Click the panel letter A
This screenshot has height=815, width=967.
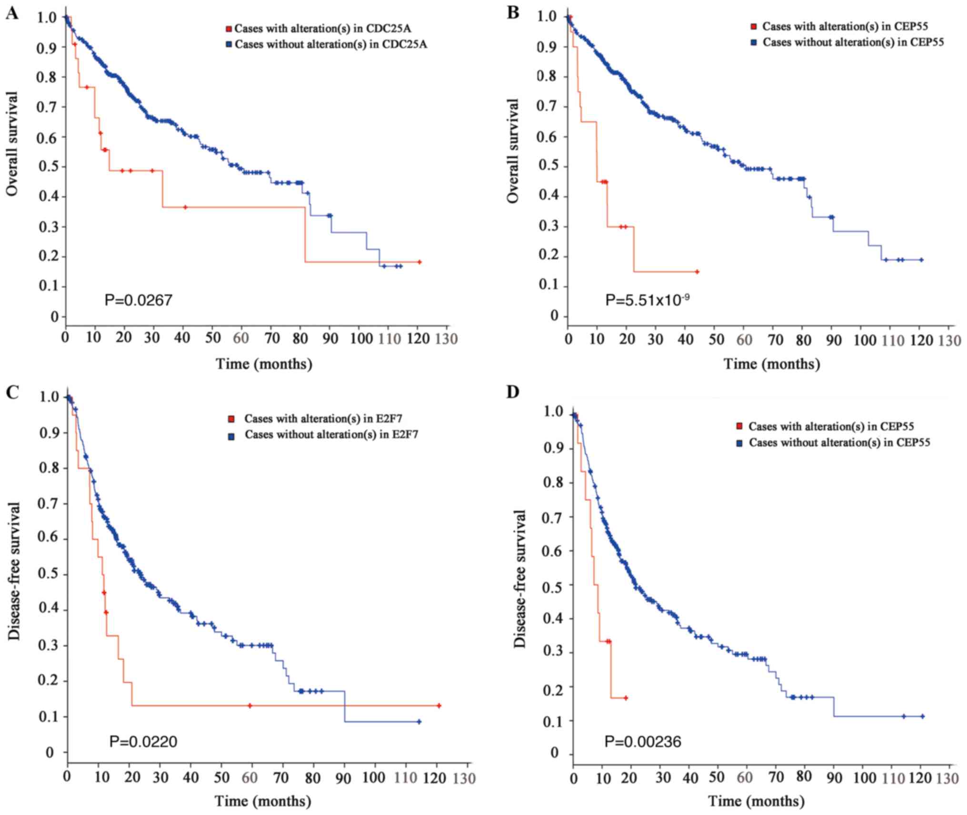(x=12, y=13)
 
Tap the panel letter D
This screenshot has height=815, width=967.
(x=513, y=392)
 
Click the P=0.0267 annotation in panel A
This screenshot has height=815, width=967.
(x=138, y=300)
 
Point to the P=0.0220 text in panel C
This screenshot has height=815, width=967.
(x=143, y=741)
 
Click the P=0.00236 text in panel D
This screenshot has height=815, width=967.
(x=643, y=741)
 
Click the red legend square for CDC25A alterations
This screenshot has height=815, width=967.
(x=229, y=29)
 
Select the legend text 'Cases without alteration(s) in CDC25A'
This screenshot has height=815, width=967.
(x=331, y=45)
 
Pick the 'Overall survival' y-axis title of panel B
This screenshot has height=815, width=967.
(x=513, y=151)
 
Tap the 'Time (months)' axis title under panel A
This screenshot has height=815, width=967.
(x=264, y=364)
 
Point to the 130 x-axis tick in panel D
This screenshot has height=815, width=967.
(x=947, y=778)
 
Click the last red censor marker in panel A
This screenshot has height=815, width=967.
(x=419, y=262)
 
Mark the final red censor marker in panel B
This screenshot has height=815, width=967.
(x=697, y=272)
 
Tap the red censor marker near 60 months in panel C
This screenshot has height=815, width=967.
(x=249, y=706)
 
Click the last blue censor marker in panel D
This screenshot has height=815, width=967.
(x=922, y=716)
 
